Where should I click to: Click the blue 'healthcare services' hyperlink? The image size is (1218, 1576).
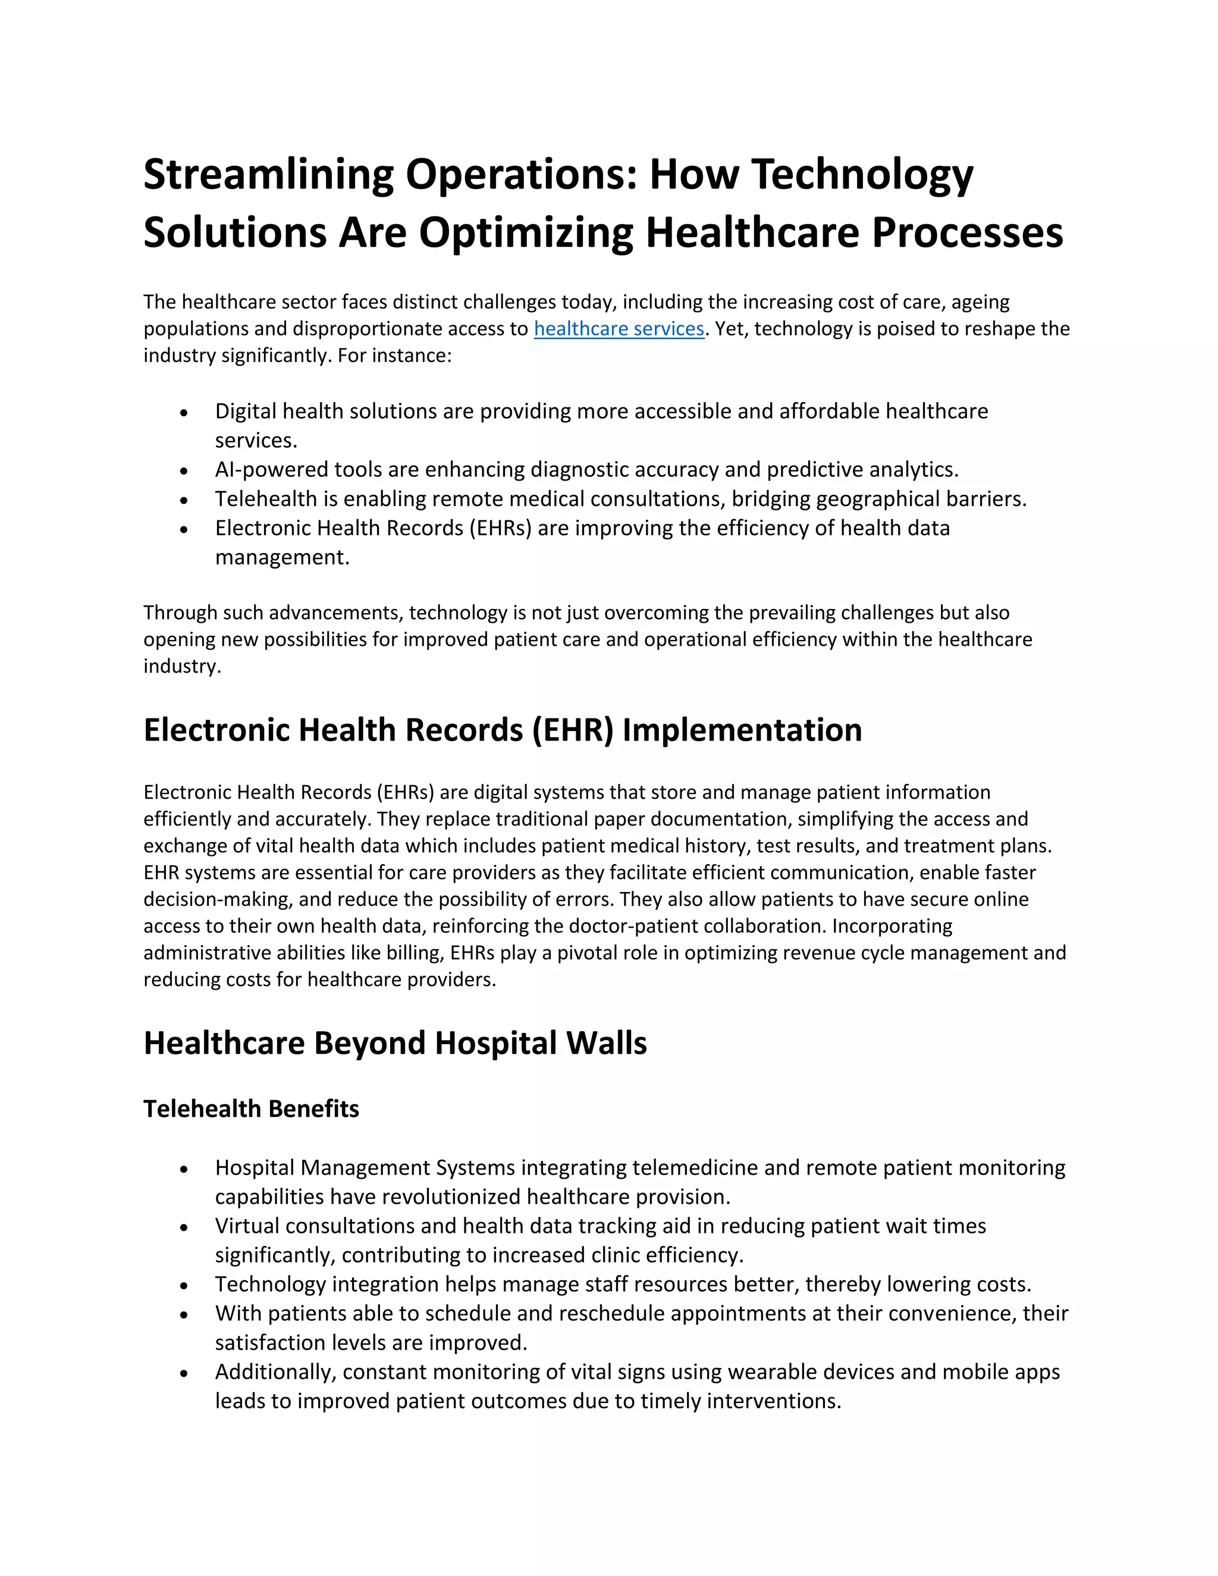point(619,329)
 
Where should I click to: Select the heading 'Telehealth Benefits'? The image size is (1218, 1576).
point(251,1109)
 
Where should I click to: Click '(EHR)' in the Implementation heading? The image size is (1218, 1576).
point(572,730)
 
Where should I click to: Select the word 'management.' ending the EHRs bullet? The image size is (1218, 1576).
point(282,557)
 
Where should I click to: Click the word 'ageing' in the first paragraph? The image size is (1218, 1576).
point(980,302)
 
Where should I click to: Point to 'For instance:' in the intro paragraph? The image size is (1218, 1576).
point(394,356)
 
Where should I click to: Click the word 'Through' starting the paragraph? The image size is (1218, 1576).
point(180,613)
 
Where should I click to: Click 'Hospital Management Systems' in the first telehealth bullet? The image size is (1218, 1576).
point(365,1167)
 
